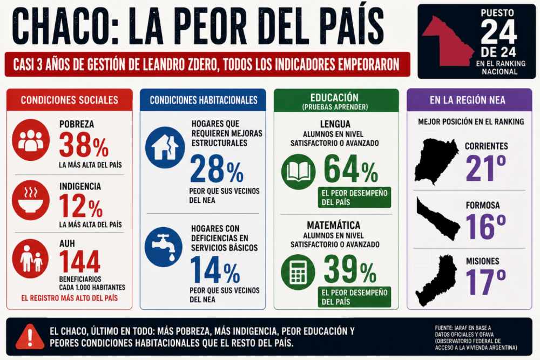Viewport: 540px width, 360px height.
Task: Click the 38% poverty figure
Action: pos(84,145)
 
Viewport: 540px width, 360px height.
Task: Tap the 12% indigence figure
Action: pos(81,206)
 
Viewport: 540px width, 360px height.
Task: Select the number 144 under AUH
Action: pos(80,262)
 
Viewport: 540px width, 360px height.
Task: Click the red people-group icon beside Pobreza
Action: pos(31,140)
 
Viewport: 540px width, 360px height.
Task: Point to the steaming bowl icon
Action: pos(31,200)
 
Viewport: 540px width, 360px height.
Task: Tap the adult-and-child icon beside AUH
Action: pos(31,259)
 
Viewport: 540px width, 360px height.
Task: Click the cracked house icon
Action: pos(165,148)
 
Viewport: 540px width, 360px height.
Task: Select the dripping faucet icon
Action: pos(164,247)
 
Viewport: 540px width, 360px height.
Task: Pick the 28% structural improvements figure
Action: pos(217,169)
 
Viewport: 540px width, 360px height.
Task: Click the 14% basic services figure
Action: pos(215,270)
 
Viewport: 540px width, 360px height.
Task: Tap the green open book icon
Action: pos(299,172)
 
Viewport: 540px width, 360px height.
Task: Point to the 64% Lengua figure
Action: pos(350,169)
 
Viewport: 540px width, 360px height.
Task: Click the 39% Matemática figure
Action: pos(350,269)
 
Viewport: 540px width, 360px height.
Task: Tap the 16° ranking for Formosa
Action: pos(485,227)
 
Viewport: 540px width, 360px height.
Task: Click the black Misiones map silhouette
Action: pos(436,281)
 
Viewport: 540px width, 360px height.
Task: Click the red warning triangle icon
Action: pos(30,336)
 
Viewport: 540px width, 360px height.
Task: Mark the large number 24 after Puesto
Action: pos(498,32)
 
